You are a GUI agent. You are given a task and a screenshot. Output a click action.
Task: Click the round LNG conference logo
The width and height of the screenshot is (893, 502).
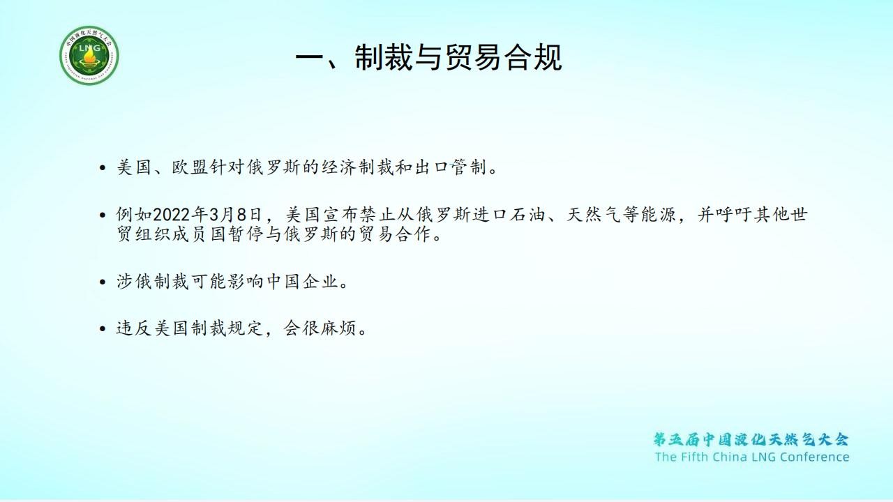coord(89,55)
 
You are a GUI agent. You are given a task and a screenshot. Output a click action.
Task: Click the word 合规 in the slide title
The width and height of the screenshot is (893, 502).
coord(534,58)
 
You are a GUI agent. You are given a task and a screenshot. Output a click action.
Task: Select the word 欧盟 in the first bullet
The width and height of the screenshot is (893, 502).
coord(190,167)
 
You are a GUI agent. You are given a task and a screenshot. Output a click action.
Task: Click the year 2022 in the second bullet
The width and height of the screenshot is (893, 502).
coord(172,215)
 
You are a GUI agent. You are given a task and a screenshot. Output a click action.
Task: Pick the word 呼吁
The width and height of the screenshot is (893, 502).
coord(733,215)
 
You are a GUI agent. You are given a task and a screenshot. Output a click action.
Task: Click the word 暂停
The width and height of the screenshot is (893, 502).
coord(246,234)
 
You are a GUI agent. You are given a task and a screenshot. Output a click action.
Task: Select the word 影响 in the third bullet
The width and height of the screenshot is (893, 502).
coord(246,282)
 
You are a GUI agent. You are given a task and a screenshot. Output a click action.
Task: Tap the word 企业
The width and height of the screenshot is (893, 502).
coord(320,282)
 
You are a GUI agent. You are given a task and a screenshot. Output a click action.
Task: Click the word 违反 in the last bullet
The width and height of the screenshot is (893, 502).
coord(134,328)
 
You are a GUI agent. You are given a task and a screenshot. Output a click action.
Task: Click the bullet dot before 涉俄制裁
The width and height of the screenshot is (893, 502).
coord(103,282)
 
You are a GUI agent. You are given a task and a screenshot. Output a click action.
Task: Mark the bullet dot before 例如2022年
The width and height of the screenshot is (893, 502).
coord(103,215)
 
